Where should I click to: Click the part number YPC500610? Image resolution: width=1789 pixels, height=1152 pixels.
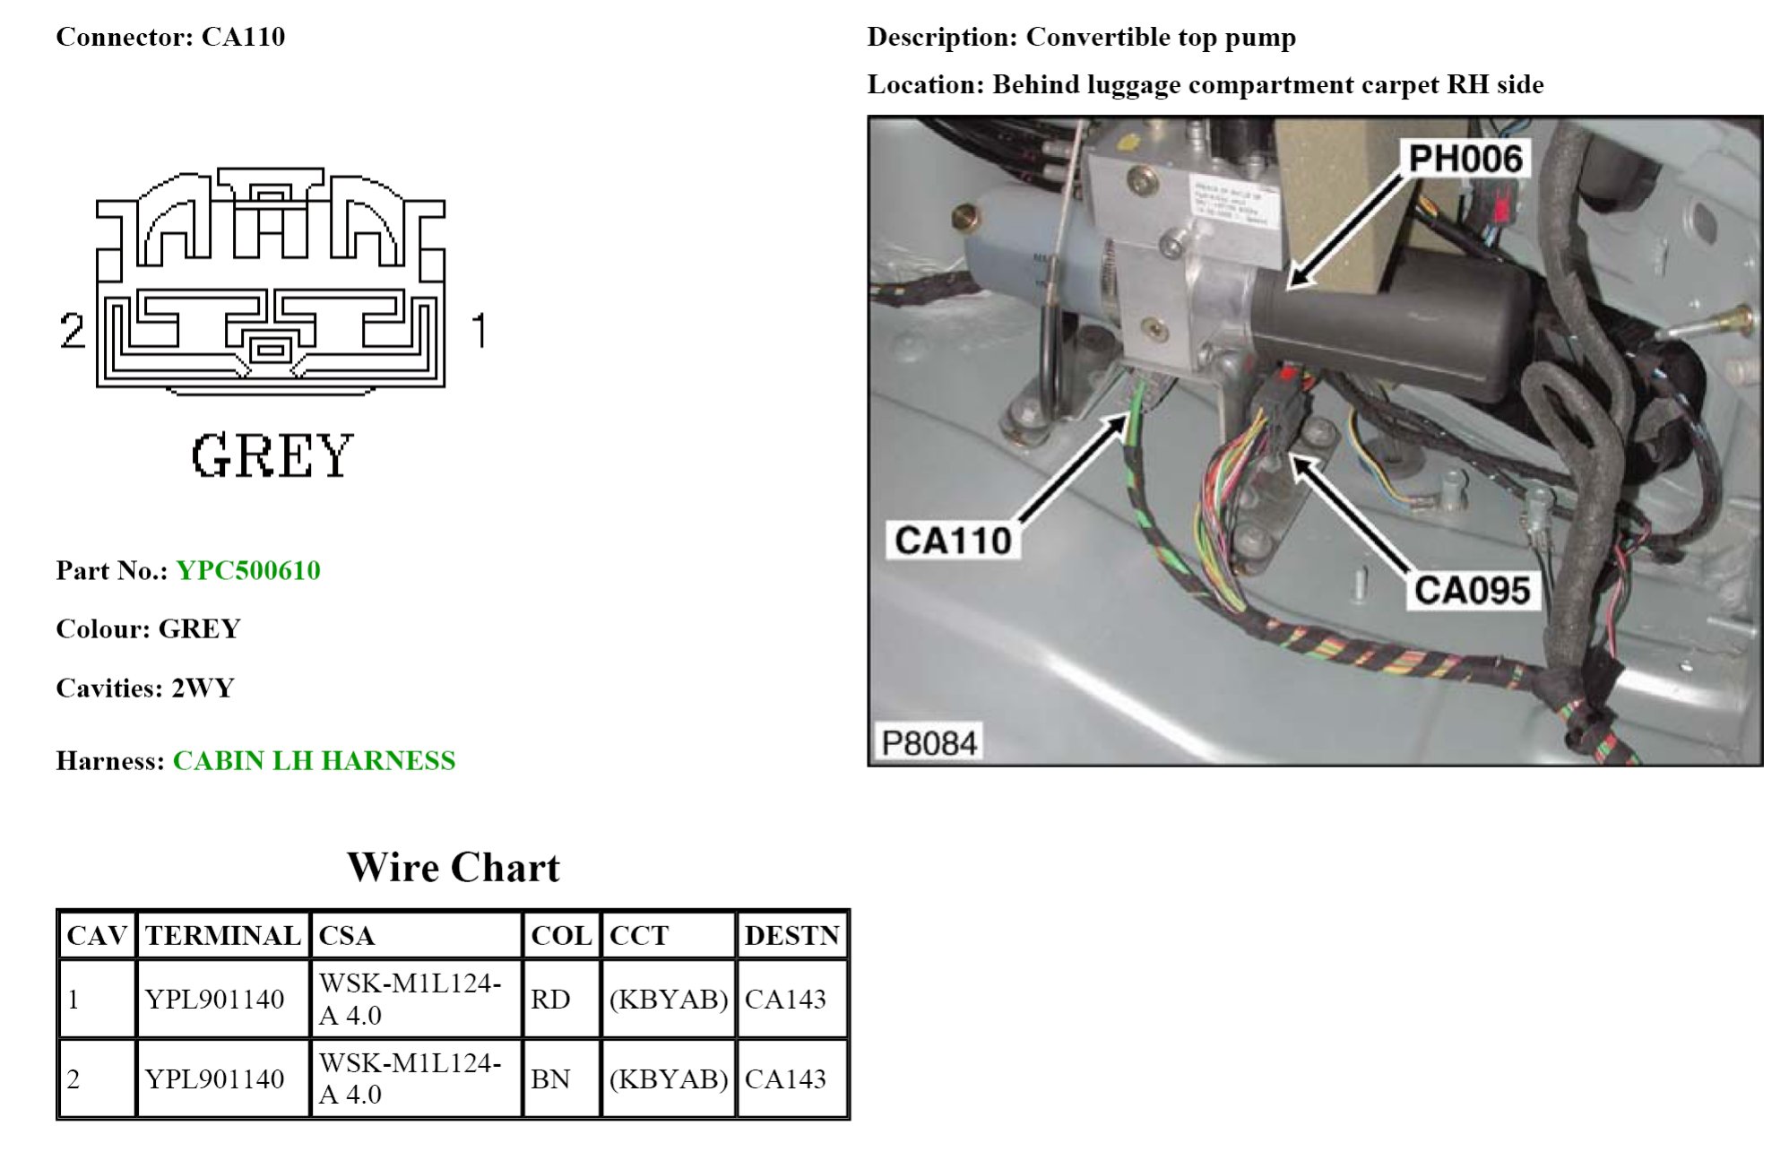pyautogui.click(x=248, y=570)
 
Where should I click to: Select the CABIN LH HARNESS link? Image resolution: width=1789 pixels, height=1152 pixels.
pyautogui.click(x=314, y=760)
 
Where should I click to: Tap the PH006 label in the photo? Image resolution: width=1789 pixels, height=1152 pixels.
pyautogui.click(x=1465, y=159)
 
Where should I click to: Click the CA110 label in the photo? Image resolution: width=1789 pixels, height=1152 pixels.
pyautogui.click(x=953, y=541)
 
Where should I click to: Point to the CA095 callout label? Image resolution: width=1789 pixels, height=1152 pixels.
pyautogui.click(x=1472, y=590)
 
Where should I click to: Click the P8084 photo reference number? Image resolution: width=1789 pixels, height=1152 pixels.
pyautogui.click(x=929, y=742)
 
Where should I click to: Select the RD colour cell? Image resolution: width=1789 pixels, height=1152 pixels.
pyautogui.click(x=550, y=999)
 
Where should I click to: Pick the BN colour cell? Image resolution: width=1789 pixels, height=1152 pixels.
pyautogui.click(x=550, y=1078)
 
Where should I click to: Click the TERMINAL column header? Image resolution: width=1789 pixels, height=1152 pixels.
pyautogui.click(x=222, y=935)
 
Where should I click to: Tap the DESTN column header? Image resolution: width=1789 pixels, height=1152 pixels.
pyautogui.click(x=791, y=935)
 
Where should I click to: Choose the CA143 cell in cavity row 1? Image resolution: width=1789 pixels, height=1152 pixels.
pyautogui.click(x=785, y=999)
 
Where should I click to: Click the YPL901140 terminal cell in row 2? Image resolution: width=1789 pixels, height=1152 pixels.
pyautogui.click(x=215, y=1078)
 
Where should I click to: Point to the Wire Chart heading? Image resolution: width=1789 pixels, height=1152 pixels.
pyautogui.click(x=453, y=867)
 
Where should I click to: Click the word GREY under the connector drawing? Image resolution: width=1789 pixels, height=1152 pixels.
pyautogui.click(x=272, y=455)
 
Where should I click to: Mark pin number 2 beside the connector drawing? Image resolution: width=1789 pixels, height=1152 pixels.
pyautogui.click(x=72, y=330)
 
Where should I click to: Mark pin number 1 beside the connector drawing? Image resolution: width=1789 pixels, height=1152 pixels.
pyautogui.click(x=480, y=330)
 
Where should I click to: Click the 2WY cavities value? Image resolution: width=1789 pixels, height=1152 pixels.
pyautogui.click(x=203, y=688)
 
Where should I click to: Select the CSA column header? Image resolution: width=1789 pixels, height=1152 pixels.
pyautogui.click(x=346, y=935)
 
